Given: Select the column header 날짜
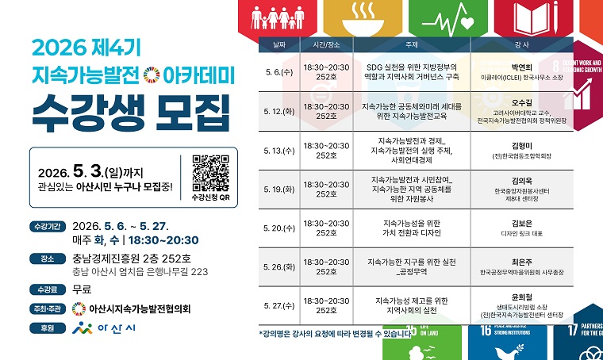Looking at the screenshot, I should pos(278,44).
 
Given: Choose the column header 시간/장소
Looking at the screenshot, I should pos(326,44).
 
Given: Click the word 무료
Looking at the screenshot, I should pos(82,289).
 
